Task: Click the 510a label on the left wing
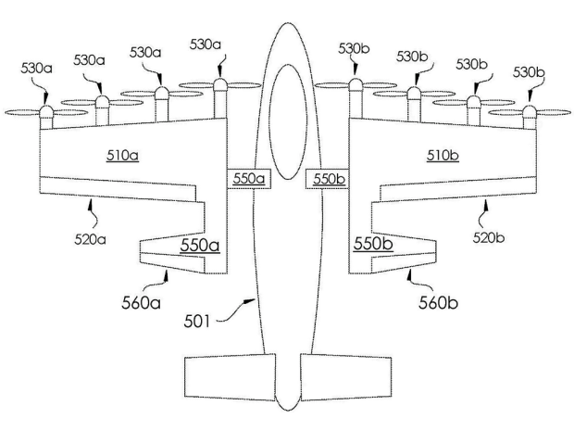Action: click(x=122, y=155)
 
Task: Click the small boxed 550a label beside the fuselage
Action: click(x=249, y=178)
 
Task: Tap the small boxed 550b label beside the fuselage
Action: click(x=329, y=178)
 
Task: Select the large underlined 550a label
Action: click(x=200, y=246)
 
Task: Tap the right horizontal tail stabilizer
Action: click(x=347, y=378)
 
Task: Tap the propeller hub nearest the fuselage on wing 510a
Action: click(x=219, y=85)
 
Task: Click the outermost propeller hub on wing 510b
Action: click(x=529, y=111)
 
